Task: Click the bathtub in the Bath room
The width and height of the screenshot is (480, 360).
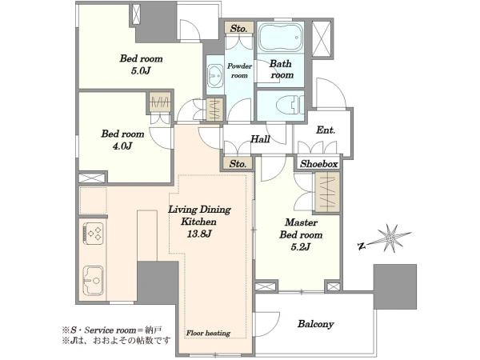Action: [281, 38]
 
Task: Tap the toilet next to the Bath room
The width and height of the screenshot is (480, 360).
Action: [290, 104]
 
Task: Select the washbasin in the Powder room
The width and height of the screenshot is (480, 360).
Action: [215, 75]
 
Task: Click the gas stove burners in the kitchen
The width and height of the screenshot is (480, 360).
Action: [94, 234]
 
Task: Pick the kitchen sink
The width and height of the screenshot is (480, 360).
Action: [93, 281]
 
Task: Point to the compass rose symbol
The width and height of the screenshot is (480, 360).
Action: [391, 238]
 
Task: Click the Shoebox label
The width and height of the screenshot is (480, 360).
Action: [318, 164]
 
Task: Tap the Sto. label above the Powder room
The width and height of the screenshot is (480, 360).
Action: [238, 29]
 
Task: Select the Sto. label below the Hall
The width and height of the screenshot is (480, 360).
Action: [238, 164]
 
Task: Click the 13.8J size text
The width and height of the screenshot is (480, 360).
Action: [199, 234]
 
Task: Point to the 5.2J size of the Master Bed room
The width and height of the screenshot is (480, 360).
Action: [301, 246]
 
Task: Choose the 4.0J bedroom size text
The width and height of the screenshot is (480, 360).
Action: [122, 146]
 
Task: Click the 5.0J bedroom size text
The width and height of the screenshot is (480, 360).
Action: [141, 70]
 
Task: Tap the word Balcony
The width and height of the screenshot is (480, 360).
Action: [316, 324]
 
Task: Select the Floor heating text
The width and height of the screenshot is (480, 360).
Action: [208, 333]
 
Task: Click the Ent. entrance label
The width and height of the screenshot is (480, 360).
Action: [326, 130]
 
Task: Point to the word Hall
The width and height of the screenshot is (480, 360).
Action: [260, 139]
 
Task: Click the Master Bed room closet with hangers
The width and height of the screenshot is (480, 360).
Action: [327, 192]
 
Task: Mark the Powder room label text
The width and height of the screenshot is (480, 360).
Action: [239, 70]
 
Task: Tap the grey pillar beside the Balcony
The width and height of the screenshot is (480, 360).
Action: [395, 286]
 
